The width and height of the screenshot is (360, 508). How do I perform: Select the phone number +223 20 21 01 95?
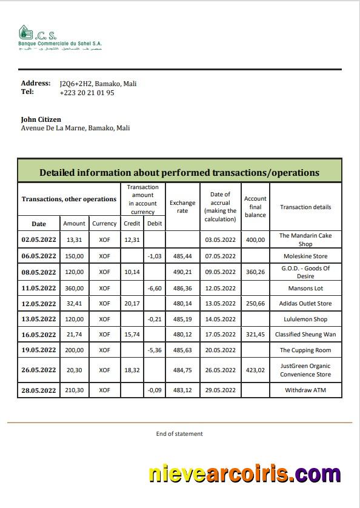87,93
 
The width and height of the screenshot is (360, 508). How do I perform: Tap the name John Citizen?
41,119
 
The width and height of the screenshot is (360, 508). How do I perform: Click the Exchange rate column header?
182,207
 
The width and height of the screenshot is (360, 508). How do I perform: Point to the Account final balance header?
255,207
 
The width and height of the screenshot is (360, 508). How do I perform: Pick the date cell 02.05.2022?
39,239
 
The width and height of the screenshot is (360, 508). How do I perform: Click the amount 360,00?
75,288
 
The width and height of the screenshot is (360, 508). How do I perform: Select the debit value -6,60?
154,288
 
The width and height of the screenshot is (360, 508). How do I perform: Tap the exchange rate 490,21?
182,272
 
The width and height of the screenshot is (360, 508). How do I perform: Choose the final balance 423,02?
255,370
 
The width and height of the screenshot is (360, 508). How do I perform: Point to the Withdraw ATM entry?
305,390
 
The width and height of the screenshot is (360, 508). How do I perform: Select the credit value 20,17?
132,304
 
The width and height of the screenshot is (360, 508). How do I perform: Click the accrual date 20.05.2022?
220,350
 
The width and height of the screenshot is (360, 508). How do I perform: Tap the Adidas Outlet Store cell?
305,304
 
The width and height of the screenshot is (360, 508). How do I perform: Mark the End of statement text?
179,433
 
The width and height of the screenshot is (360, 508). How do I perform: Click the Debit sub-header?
154,223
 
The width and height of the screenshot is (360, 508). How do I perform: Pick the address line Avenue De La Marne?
75,129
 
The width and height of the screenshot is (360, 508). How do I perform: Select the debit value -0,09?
154,390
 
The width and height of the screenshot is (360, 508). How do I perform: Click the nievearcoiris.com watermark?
245,473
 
